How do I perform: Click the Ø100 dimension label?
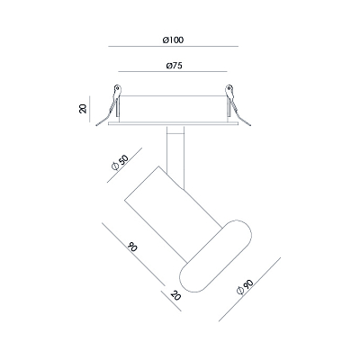(173, 40)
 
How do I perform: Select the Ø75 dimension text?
(174, 66)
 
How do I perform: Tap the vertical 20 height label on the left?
(83, 109)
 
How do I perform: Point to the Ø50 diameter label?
(120, 162)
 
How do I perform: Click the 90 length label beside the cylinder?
(132, 247)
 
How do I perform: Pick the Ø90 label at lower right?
(245, 287)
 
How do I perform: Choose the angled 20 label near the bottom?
(175, 295)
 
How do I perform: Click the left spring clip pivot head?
(118, 89)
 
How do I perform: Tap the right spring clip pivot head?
(229, 89)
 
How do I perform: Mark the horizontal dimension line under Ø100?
(174, 47)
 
